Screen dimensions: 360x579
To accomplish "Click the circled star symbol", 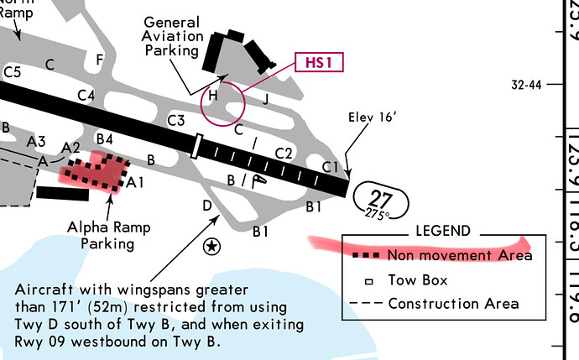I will (211, 247).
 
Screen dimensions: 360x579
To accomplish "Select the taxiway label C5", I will (12, 73).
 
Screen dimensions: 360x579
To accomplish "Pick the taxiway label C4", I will (85, 96).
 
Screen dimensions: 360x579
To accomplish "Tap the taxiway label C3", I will (175, 121).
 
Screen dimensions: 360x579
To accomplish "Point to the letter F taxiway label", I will (100, 60).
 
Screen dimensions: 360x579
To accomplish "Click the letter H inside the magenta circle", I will (213, 96).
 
